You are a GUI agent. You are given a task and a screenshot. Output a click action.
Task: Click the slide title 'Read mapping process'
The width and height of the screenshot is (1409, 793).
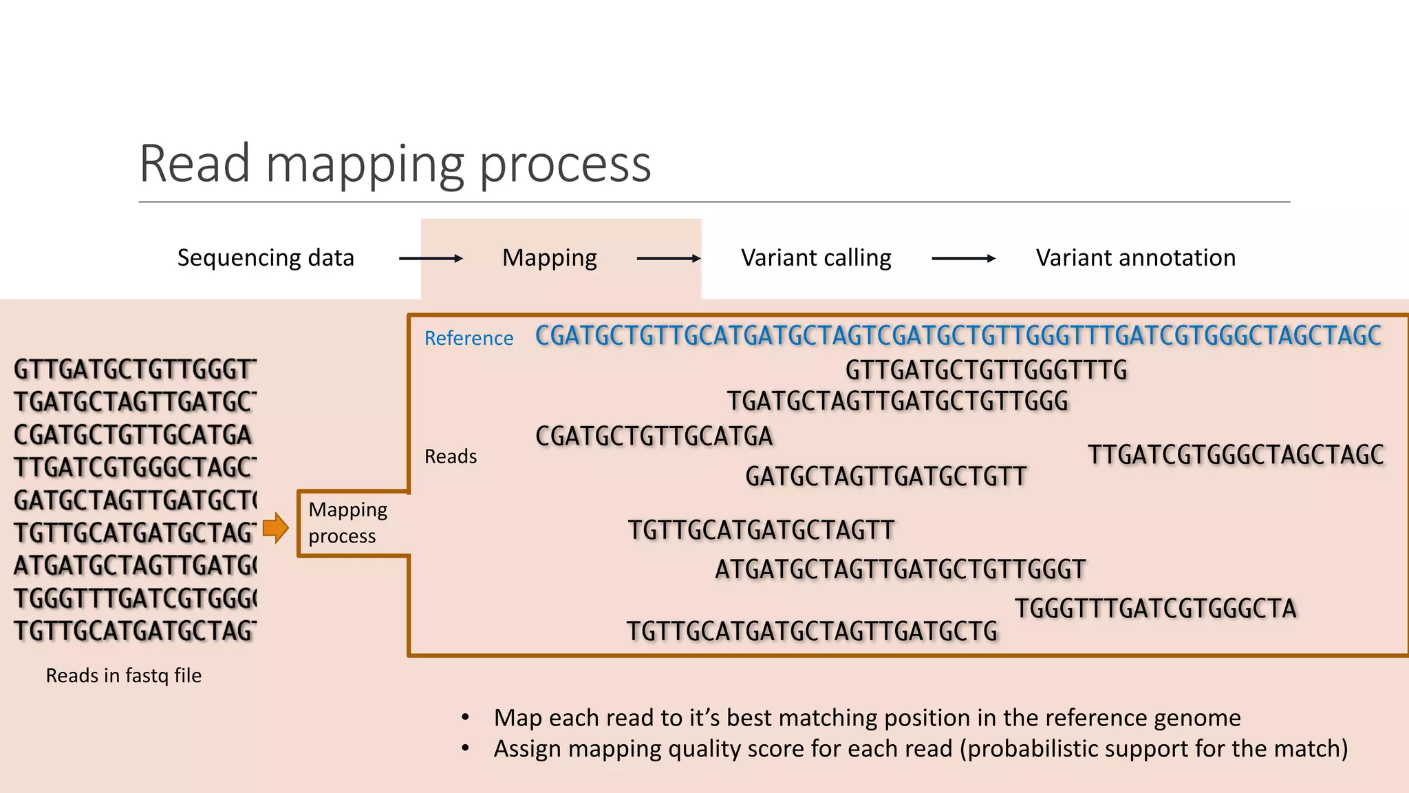395,164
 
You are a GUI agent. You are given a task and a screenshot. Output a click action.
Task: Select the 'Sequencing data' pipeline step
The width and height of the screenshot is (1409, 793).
266,258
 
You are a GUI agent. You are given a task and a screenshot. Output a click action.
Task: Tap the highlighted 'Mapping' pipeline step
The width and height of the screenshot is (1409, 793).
549,258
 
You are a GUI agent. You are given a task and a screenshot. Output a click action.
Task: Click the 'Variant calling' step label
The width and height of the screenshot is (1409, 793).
816,258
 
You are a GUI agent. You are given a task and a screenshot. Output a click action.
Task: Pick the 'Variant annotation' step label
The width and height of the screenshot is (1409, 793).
1135,258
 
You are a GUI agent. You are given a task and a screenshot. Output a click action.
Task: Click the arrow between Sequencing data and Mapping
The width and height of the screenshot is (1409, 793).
431,259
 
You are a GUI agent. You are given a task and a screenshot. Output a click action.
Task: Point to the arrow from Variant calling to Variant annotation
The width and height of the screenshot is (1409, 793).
963,259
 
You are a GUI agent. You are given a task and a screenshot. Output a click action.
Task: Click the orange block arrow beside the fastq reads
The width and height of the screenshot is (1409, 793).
276,528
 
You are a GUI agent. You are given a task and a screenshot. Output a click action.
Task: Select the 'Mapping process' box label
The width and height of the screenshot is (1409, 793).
348,522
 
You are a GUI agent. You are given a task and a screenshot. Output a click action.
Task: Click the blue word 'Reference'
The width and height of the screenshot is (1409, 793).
469,338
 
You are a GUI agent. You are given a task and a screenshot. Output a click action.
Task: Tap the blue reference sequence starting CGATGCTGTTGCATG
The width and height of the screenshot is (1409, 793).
958,336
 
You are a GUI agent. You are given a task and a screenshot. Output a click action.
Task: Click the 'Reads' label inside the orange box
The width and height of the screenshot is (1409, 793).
450,456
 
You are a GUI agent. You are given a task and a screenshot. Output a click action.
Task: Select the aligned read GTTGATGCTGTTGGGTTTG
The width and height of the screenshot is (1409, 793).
986,370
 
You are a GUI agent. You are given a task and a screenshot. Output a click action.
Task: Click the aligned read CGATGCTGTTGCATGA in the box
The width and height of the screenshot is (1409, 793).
654,436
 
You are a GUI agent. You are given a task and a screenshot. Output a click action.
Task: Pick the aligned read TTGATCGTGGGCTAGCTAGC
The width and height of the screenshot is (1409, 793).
1236,455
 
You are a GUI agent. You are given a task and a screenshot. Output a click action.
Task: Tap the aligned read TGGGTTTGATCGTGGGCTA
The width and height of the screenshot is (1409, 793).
1156,609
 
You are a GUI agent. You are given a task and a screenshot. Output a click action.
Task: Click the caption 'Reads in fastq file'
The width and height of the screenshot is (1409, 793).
123,675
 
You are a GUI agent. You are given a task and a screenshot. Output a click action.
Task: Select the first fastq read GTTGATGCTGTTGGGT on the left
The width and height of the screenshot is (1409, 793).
135,370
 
